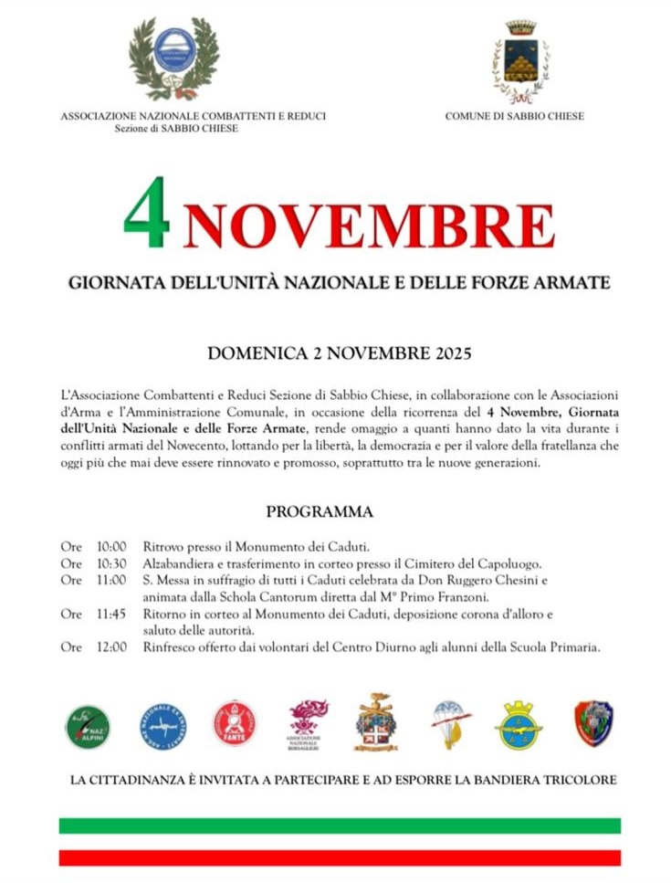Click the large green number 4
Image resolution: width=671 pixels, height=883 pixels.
tap(147, 214)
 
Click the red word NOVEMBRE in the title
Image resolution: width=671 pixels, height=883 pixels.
tap(369, 226)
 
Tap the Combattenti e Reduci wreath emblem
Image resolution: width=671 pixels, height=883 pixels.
tap(173, 58)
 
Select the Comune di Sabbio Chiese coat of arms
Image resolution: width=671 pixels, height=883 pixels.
tap(521, 61)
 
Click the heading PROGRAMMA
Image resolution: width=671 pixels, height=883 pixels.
tap(320, 512)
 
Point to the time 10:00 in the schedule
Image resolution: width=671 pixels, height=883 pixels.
tap(111, 547)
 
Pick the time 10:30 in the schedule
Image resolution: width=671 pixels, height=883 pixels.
tap(111, 563)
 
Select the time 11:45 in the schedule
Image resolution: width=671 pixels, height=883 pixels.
tap(111, 615)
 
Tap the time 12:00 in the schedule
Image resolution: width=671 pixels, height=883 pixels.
tap(111, 647)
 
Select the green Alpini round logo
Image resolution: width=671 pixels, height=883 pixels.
tap(88, 726)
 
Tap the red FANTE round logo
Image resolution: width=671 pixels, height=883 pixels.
tap(235, 723)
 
